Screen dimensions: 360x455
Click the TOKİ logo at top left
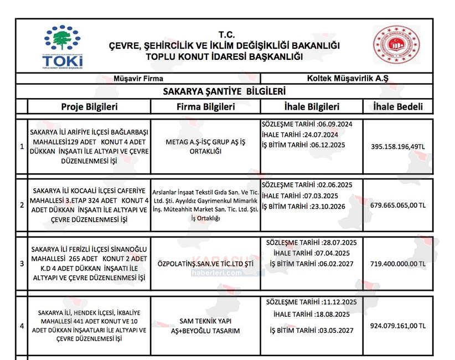[x=63, y=48]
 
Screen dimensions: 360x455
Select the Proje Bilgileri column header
[x=89, y=107]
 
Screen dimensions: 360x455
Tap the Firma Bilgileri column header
[x=206, y=107]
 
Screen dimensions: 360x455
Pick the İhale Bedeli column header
[x=397, y=107]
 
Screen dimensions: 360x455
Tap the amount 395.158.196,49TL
[x=397, y=146]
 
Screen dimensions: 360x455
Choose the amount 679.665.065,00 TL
[x=397, y=205]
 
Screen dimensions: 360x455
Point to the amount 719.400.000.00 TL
[x=397, y=264]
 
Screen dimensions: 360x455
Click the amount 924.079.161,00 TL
[x=397, y=326]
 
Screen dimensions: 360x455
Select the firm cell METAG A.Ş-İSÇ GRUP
[x=205, y=147]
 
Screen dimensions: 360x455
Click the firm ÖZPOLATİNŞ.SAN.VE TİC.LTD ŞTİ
[x=205, y=264]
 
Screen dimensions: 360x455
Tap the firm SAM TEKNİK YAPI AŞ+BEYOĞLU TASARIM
[x=205, y=326]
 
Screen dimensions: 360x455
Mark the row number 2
[x=22, y=205]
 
